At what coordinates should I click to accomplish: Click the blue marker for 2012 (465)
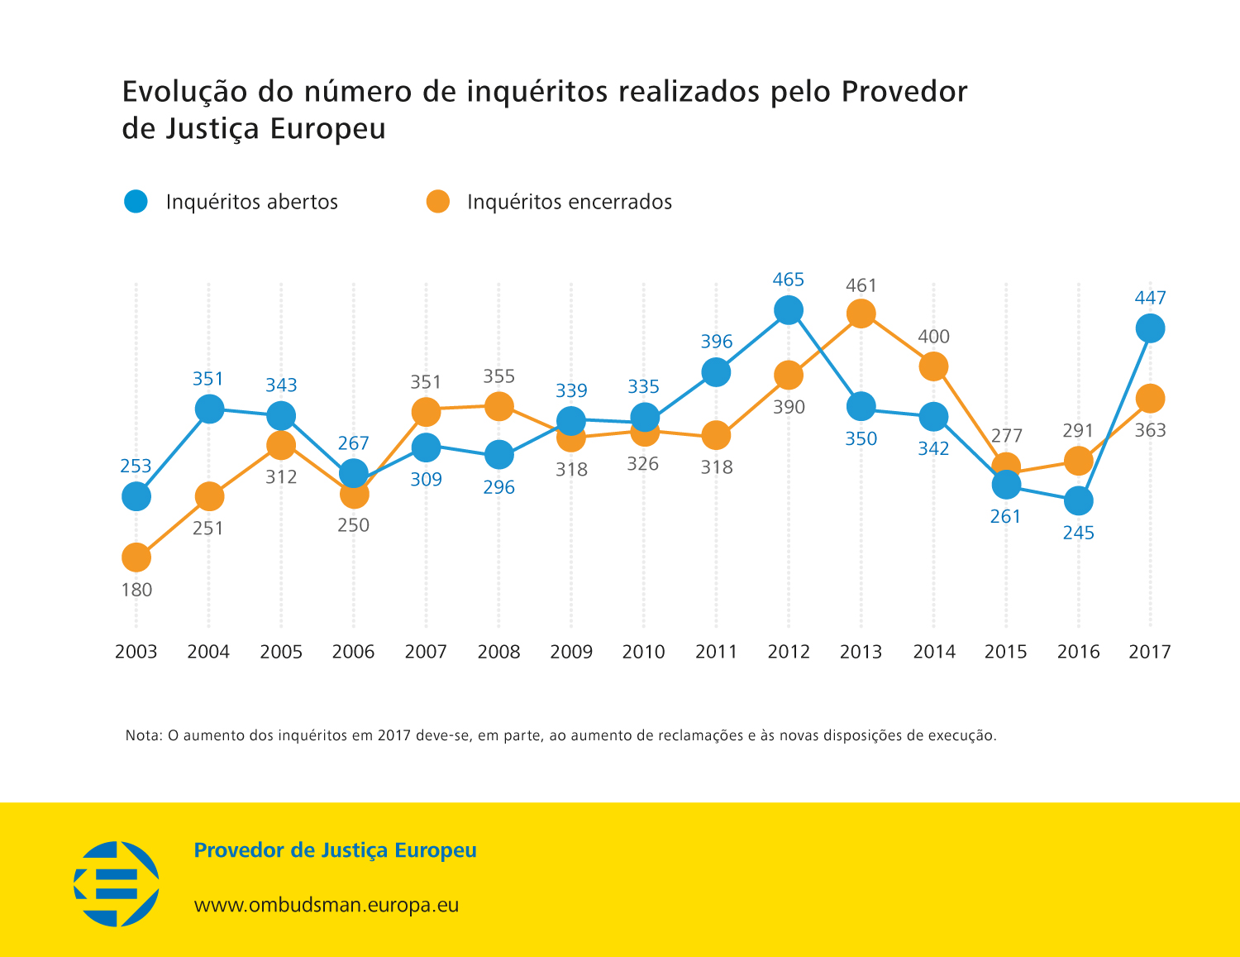click(x=789, y=310)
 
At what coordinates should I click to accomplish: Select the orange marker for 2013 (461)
click(x=861, y=313)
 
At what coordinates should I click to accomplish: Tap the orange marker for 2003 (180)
click(x=136, y=557)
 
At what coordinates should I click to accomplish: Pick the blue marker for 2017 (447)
click(x=1150, y=328)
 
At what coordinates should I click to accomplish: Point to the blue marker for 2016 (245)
click(x=1078, y=500)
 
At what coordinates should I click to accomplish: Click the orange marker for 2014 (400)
click(x=933, y=366)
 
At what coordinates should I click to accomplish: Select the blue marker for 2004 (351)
click(x=209, y=409)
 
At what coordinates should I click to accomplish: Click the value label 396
click(x=717, y=342)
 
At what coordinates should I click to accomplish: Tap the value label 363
click(x=1150, y=430)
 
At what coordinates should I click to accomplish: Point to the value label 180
click(x=137, y=590)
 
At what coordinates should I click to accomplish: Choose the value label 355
click(x=498, y=376)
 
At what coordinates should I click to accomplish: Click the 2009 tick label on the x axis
click(x=571, y=652)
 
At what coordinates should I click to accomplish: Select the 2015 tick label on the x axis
click(x=1005, y=652)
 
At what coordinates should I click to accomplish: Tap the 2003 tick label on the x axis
click(x=136, y=652)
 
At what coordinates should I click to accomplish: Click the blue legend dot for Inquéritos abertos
click(x=136, y=201)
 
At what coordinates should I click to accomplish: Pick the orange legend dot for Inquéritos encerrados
click(x=437, y=201)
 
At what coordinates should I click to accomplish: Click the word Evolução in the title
click(x=184, y=92)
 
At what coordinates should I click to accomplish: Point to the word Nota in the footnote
click(x=142, y=735)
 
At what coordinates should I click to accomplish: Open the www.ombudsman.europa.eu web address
click(x=326, y=905)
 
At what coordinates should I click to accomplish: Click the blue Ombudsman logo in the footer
click(x=117, y=883)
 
